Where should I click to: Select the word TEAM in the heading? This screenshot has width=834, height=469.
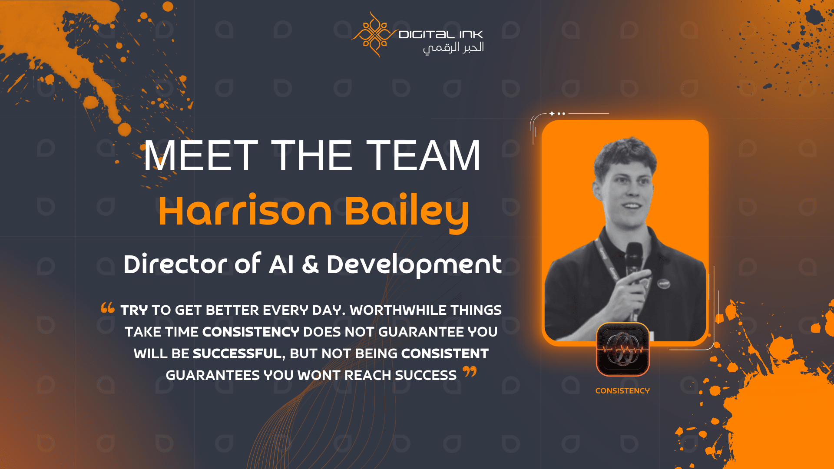coord(424,155)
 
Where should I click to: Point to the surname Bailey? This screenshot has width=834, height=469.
coord(407,213)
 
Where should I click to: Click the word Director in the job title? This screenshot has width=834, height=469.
coord(175,264)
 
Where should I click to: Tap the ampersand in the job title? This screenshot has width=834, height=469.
coord(310,264)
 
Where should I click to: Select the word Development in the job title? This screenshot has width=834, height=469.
coord(414,265)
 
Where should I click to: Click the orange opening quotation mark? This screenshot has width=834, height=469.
coord(107,308)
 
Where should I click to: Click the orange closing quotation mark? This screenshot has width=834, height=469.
coord(470,372)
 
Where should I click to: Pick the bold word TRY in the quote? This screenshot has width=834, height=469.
coord(134,310)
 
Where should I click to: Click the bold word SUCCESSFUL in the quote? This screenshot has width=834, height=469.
coord(237,354)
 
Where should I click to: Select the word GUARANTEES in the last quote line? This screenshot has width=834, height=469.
coord(213,375)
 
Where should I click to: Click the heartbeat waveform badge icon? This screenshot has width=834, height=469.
coord(623,349)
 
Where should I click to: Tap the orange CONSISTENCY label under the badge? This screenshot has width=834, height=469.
coord(622,391)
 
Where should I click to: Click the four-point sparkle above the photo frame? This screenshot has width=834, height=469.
coord(552,114)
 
